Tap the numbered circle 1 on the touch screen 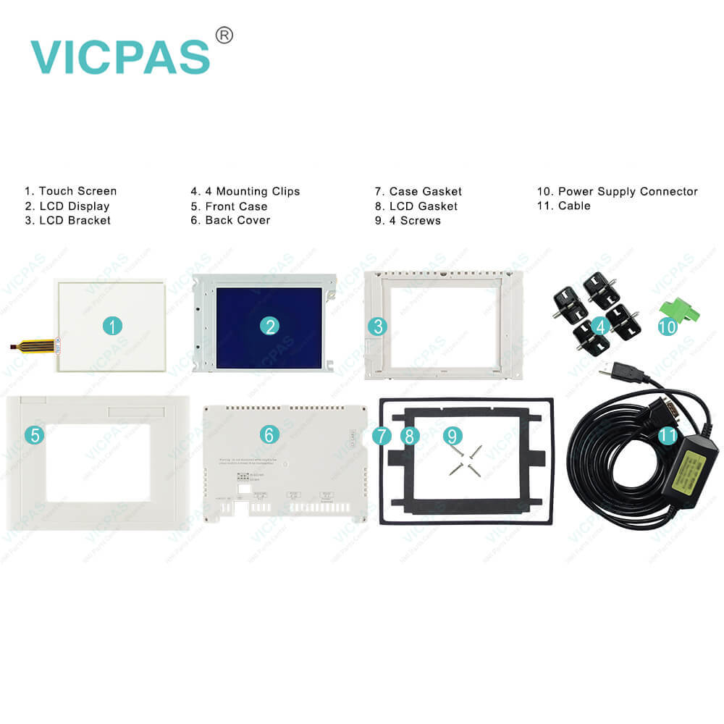[111, 326]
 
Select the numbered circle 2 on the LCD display [270, 326]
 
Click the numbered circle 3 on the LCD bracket [377, 327]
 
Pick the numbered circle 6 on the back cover [269, 434]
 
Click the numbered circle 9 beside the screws [452, 435]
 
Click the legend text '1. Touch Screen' [70, 191]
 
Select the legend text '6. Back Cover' [230, 220]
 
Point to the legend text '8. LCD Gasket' [416, 206]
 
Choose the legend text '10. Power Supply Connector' [617, 191]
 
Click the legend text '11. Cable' [563, 206]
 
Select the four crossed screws [464, 460]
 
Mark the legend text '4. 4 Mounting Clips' [245, 191]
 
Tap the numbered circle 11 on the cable [668, 434]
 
